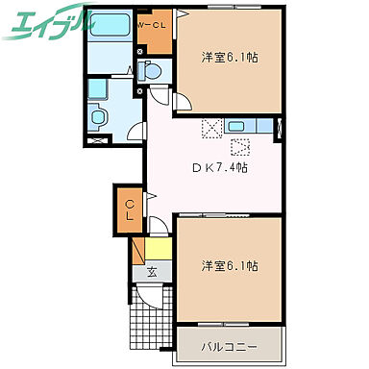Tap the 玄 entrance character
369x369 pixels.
[152, 272]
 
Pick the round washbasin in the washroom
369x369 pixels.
[97, 117]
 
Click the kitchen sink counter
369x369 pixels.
[251, 126]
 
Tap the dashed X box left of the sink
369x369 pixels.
[212, 126]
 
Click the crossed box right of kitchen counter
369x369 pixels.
[280, 127]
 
